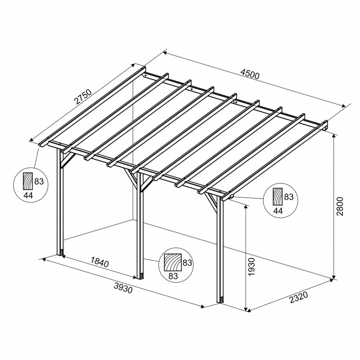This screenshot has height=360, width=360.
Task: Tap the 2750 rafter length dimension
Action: (x=83, y=98)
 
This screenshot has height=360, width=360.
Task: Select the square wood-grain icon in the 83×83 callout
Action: (x=172, y=261)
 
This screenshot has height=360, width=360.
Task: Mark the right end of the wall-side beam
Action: (x=325, y=126)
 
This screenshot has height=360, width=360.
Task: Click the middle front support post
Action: (x=140, y=225)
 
